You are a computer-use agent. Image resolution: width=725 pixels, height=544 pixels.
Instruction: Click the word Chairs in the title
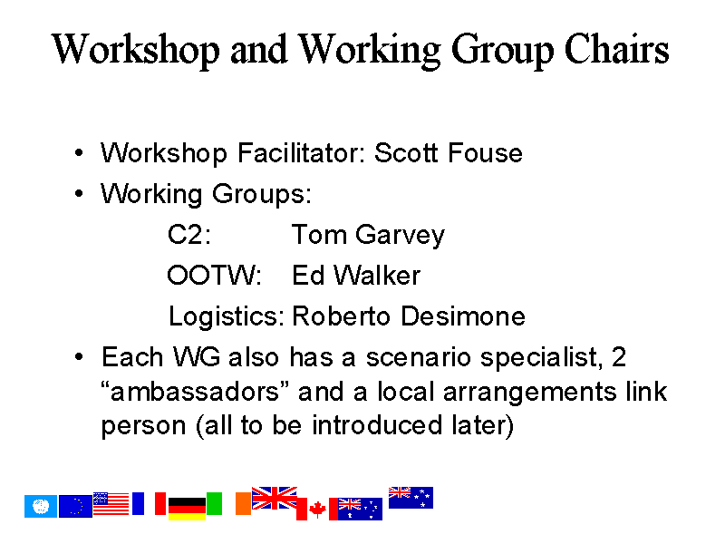[616, 49]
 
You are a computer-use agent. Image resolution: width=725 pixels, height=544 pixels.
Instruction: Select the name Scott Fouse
[449, 152]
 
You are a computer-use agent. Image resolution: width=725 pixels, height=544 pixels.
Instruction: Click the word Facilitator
[298, 152]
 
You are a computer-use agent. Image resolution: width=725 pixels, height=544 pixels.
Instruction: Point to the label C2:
[189, 234]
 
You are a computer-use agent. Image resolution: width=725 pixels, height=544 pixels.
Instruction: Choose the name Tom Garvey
[368, 236]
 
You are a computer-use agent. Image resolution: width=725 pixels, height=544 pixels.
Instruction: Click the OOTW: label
[214, 275]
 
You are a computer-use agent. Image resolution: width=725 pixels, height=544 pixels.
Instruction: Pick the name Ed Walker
[356, 275]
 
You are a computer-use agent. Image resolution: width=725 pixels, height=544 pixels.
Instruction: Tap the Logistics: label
[226, 317]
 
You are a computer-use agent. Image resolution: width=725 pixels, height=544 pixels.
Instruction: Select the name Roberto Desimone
[409, 316]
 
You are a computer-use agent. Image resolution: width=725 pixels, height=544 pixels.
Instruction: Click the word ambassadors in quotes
[195, 392]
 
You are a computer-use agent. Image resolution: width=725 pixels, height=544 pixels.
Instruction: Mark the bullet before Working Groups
[79, 193]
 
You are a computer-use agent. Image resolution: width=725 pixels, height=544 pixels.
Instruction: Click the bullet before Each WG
[79, 356]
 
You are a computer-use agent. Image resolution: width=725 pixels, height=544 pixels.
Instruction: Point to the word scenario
[419, 357]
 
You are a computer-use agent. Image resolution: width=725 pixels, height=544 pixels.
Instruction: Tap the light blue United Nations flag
[41, 506]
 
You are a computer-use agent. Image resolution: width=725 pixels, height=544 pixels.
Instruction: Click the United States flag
[111, 503]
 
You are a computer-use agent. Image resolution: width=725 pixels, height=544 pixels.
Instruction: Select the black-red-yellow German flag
[187, 509]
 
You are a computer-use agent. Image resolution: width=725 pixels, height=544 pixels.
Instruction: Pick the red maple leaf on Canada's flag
[317, 510]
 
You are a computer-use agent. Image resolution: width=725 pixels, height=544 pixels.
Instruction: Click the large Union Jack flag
[275, 498]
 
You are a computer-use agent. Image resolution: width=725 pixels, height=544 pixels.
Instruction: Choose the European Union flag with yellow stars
[75, 506]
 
